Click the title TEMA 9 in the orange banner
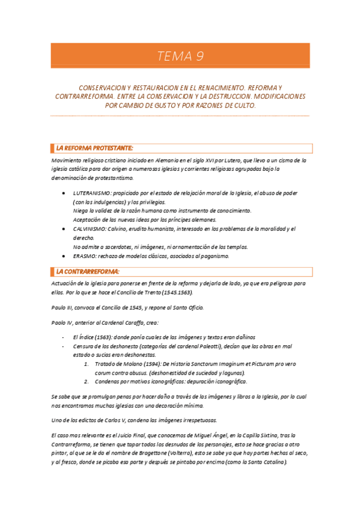[x=180, y=57]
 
